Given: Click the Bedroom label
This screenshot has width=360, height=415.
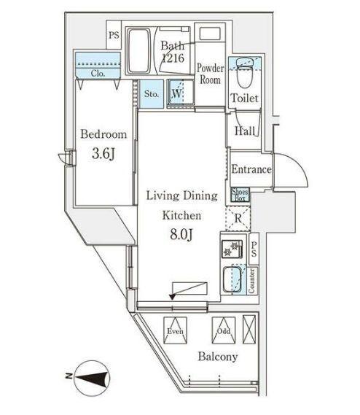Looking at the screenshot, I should point(103,134).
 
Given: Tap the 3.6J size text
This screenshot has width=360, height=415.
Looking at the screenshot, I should point(104,155).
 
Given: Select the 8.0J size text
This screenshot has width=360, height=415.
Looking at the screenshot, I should point(181,235).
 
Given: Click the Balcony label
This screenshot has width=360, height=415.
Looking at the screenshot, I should point(217,357).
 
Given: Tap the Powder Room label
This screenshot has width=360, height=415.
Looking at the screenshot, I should point(211,74).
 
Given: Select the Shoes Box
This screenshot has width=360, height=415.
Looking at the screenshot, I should point(240,195).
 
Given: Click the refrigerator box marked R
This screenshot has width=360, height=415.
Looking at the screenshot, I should point(238,217).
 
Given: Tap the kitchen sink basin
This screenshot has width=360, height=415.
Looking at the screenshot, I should point(232,279).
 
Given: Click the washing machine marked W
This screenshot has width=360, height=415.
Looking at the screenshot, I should point(176,93).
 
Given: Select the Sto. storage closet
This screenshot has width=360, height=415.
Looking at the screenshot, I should point(152,94).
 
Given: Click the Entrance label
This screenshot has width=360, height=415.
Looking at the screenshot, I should point(251,169).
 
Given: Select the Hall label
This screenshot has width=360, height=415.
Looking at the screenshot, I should point(244,131).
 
